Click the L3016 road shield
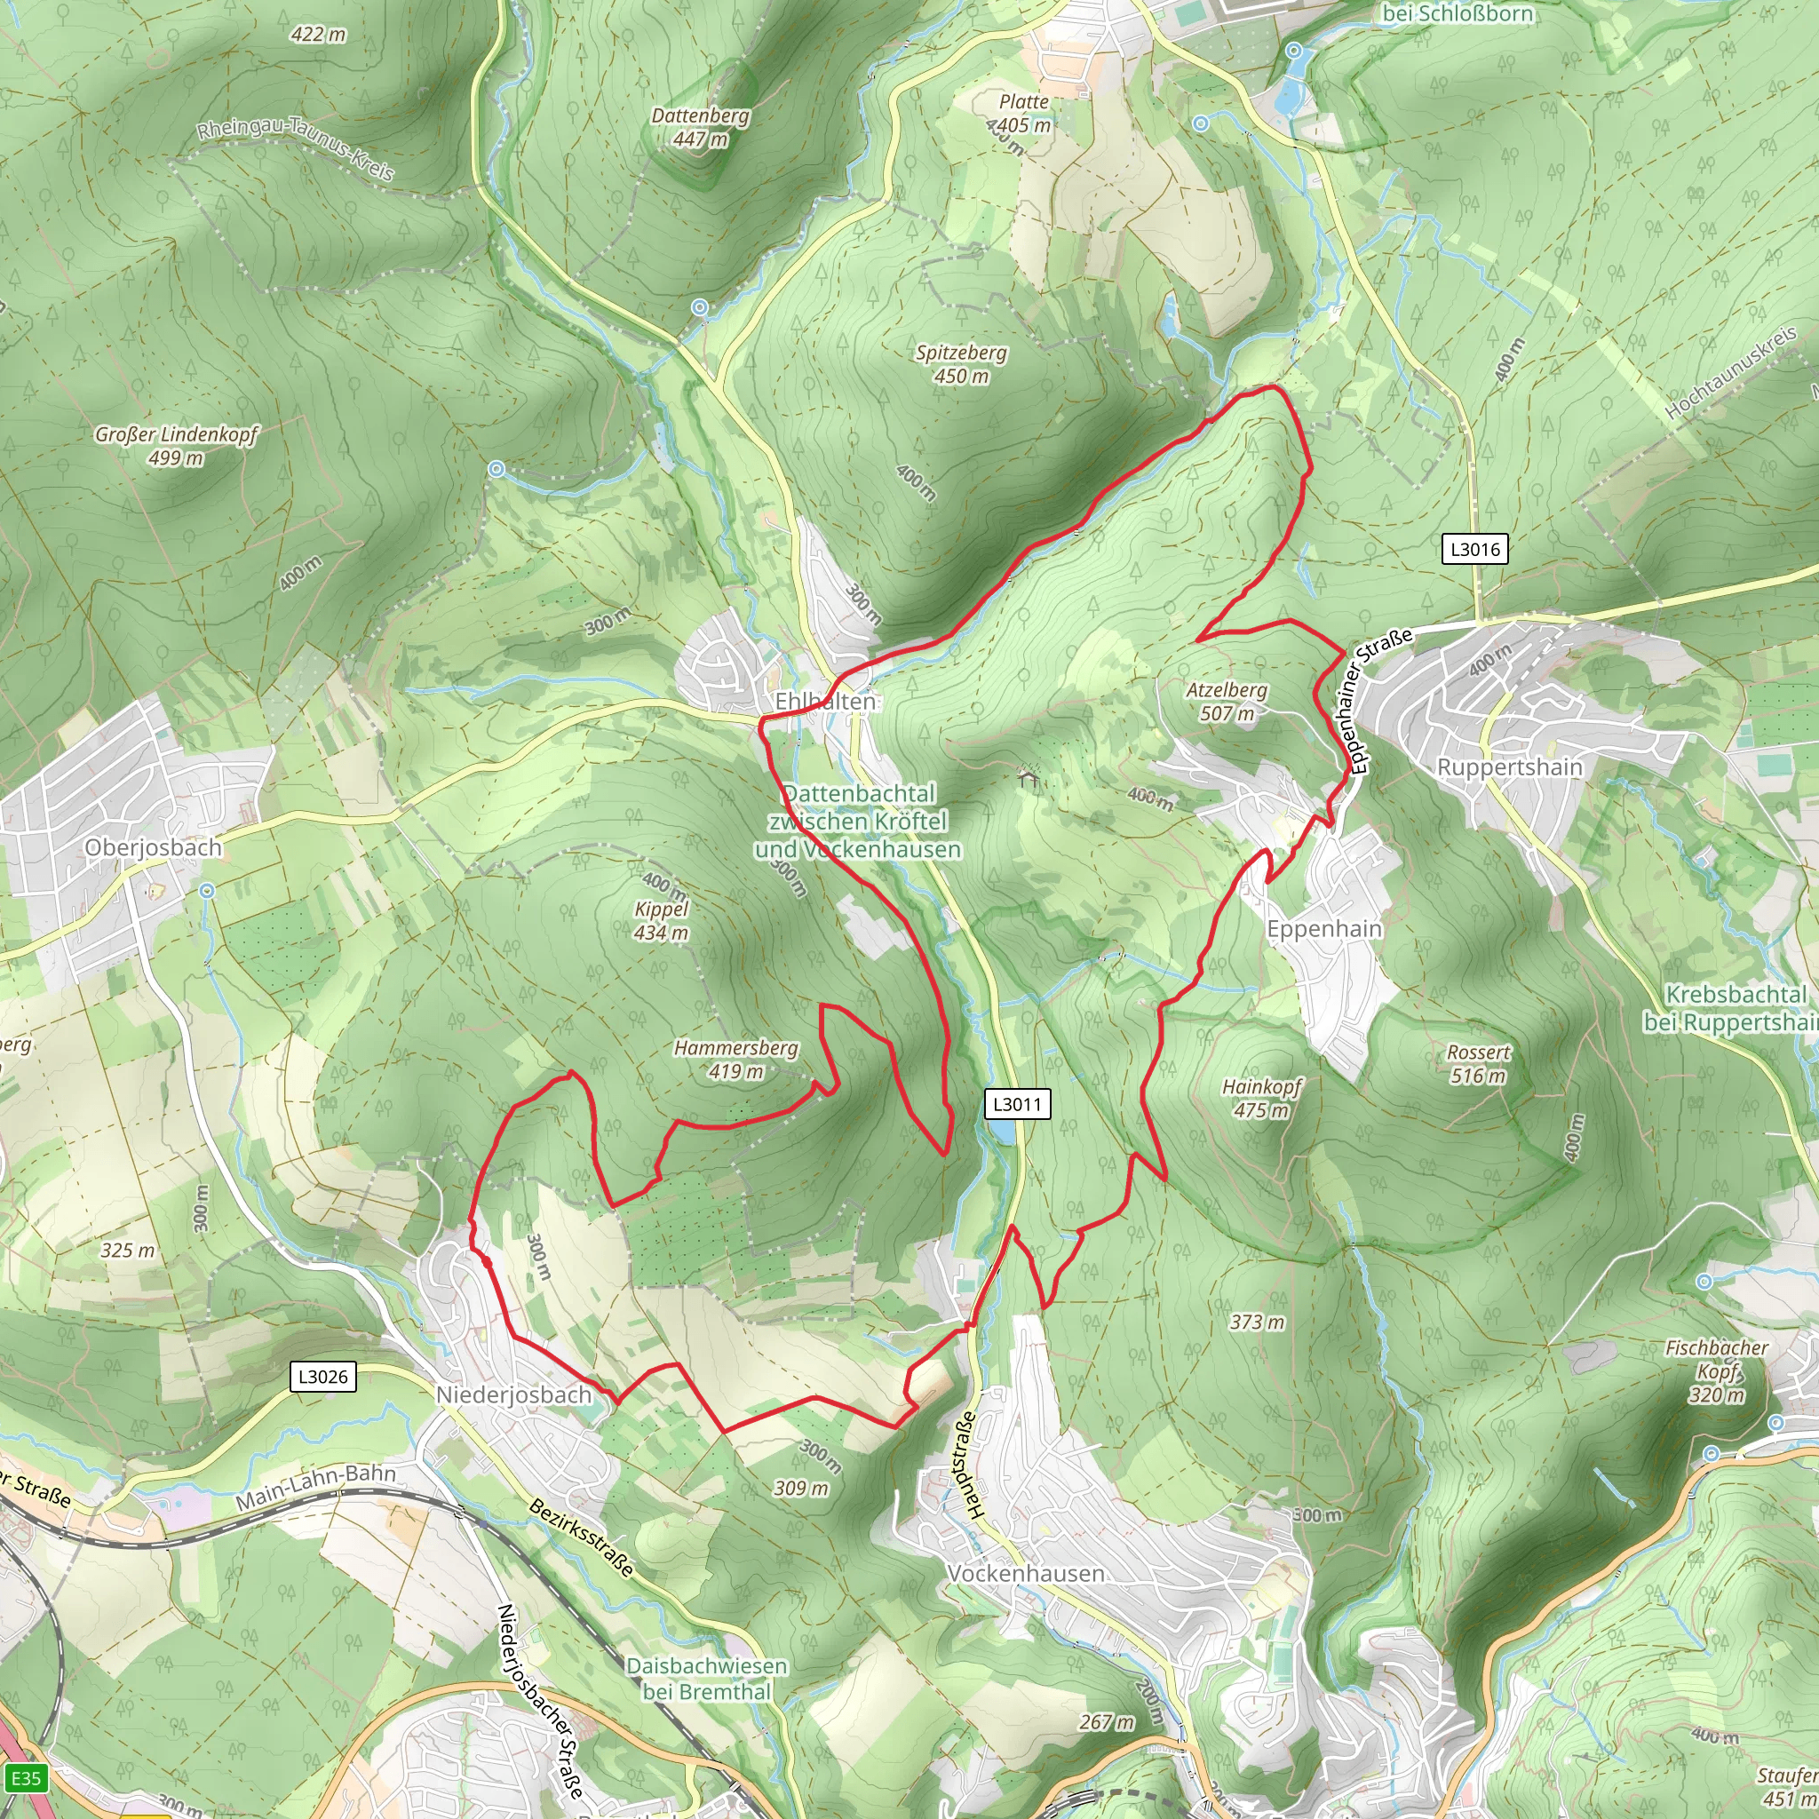coord(1474,549)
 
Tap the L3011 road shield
coord(1017,1103)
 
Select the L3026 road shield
coord(322,1377)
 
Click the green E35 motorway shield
coord(26,1777)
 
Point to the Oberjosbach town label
coord(154,847)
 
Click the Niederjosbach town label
coord(513,1394)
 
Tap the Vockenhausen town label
coord(1026,1573)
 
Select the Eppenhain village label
coord(1323,928)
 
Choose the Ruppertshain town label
coord(1509,767)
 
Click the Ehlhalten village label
coord(825,701)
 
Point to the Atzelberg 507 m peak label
coord(1227,702)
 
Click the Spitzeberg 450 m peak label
coord(961,363)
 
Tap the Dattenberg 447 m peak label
coord(701,127)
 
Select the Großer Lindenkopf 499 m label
coord(176,445)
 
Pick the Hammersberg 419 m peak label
coord(736,1060)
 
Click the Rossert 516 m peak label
coord(1478,1064)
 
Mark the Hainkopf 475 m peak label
coord(1261,1098)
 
